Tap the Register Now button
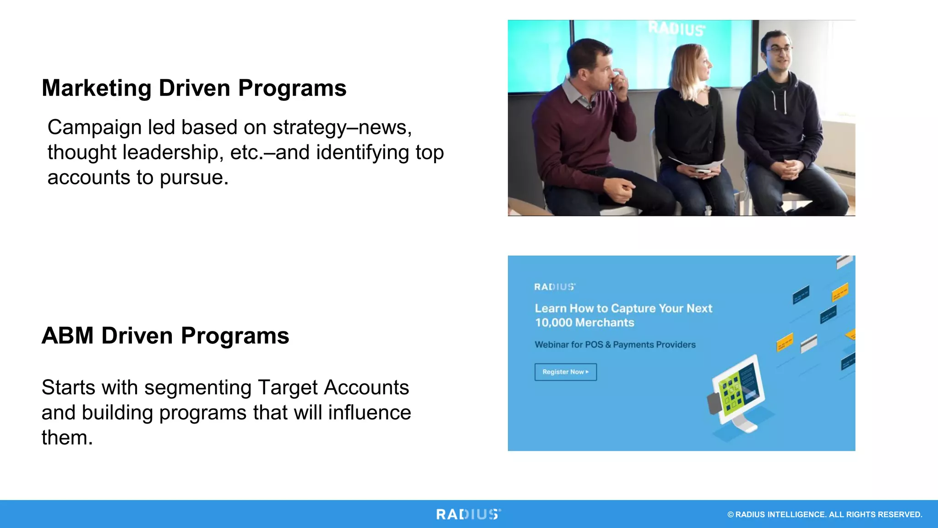565,372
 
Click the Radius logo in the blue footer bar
468,514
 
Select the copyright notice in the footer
824,514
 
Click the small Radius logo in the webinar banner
554,287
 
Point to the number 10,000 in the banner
553,323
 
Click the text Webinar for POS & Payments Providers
615,345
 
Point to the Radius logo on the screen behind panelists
676,28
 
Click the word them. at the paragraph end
67,438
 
